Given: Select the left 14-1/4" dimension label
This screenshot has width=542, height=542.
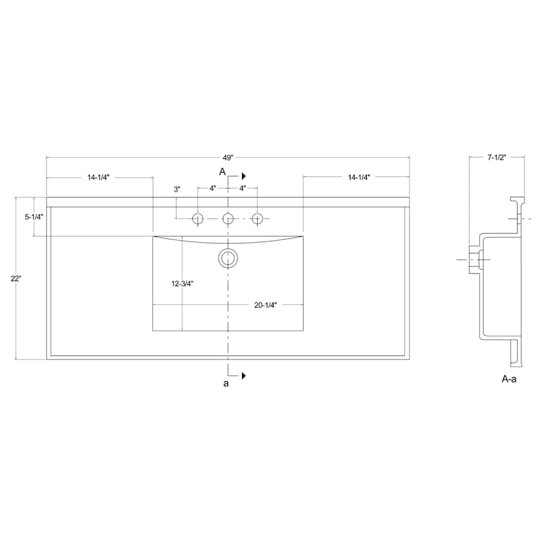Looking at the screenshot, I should [98, 177].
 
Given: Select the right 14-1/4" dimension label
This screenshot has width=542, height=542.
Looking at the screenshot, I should [358, 177].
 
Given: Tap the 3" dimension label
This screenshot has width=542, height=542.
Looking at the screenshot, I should [177, 189].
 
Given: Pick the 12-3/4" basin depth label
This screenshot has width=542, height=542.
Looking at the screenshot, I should [181, 282].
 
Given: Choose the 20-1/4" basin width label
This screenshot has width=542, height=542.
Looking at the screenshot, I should [265, 305].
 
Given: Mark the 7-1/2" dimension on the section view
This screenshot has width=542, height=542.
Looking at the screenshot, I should [497, 158].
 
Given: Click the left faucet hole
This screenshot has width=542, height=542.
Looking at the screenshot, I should [198, 218].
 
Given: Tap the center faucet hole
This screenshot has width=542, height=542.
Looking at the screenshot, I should [228, 218].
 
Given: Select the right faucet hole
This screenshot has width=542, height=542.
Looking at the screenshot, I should [258, 218].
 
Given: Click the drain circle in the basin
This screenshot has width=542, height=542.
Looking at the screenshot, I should [228, 258].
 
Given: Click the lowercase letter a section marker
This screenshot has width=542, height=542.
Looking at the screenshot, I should [226, 384].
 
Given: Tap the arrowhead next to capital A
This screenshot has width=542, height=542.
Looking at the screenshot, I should [244, 176].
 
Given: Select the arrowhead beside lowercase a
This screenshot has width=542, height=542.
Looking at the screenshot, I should [244, 376].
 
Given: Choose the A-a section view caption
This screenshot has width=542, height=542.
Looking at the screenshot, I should [509, 379].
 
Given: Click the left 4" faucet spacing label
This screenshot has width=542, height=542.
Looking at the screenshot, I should [213, 188].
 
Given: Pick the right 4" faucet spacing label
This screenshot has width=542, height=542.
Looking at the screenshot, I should [243, 188].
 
